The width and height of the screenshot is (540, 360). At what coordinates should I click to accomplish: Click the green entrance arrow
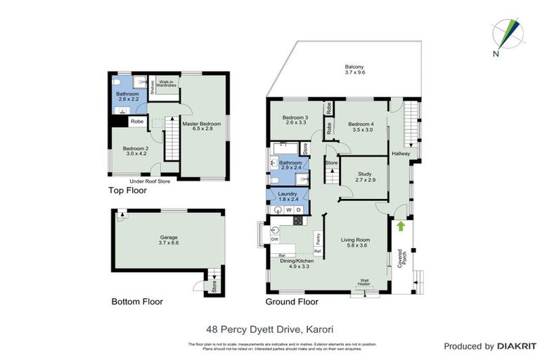coord(401,226)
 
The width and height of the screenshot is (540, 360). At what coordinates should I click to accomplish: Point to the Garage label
coord(169,242)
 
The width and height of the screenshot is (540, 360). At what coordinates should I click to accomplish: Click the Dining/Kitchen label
coord(296,263)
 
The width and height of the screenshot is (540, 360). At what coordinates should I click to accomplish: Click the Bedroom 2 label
coord(136,151)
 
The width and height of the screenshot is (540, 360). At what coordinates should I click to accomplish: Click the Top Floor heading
coord(127,191)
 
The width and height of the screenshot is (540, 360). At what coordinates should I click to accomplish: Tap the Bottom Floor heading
coord(137,302)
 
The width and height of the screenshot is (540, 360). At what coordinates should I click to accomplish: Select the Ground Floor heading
coord(291,302)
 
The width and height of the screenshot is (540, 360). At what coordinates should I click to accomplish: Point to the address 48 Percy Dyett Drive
coord(270,328)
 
